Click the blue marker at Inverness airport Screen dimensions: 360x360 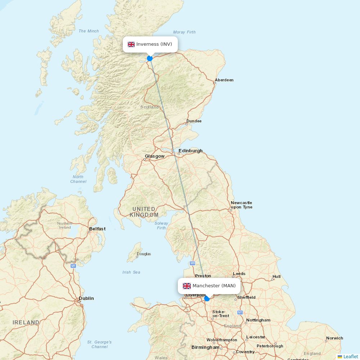click(x=150, y=58)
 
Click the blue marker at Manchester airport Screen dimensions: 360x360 click(x=207, y=298)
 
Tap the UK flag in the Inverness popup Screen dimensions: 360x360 click(x=131, y=44)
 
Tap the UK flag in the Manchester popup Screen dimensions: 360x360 click(x=187, y=286)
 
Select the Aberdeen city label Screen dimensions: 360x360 click(x=224, y=80)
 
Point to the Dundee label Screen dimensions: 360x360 click(x=194, y=121)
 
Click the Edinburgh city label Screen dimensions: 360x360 click(x=190, y=151)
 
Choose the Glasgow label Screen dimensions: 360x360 click(x=154, y=156)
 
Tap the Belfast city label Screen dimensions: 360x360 click(x=97, y=229)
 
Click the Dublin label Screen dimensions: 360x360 click(x=86, y=298)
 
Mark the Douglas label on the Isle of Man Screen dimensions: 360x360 click(x=144, y=254)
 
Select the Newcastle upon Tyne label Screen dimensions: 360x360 click(x=241, y=205)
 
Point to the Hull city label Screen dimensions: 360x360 click(x=276, y=276)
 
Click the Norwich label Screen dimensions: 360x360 click(x=334, y=338)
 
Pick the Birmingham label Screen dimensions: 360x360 click(x=205, y=347)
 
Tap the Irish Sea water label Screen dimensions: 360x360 click(x=131, y=272)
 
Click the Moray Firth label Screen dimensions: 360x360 click(x=184, y=32)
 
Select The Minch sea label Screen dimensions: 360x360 click(x=89, y=31)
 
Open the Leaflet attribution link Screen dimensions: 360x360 click(x=350, y=356)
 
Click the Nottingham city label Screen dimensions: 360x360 click(x=258, y=320)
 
